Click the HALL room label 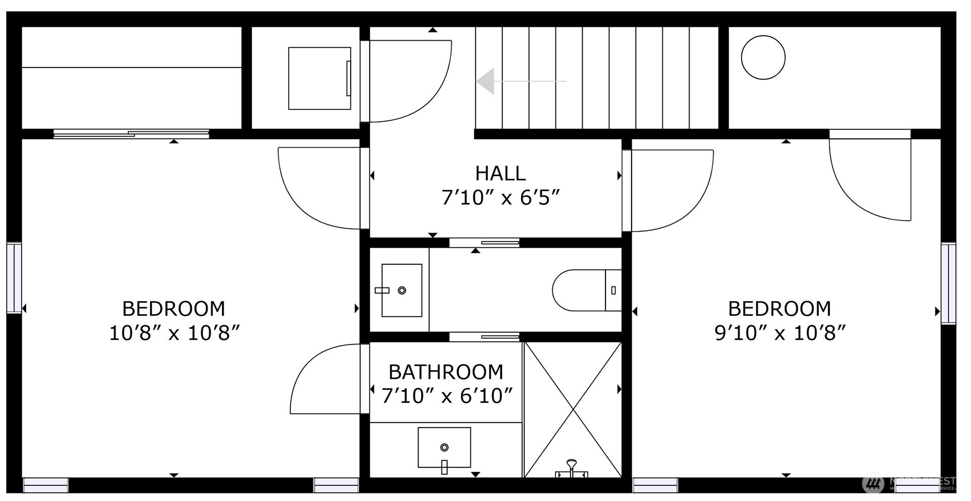point(500,174)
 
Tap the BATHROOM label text point(446,373)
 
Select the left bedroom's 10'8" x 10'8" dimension point(174,333)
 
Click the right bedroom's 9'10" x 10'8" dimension point(780,333)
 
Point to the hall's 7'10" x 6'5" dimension point(500,198)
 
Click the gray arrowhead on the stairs point(485,81)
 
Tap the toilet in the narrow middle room point(587,291)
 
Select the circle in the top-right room point(763,57)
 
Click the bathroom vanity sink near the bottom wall point(444,448)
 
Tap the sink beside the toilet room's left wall point(401,291)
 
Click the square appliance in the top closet point(319,79)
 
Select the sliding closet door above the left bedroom point(131,134)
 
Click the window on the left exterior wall point(14,278)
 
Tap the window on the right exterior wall point(948,283)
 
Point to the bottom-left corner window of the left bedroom point(45,485)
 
